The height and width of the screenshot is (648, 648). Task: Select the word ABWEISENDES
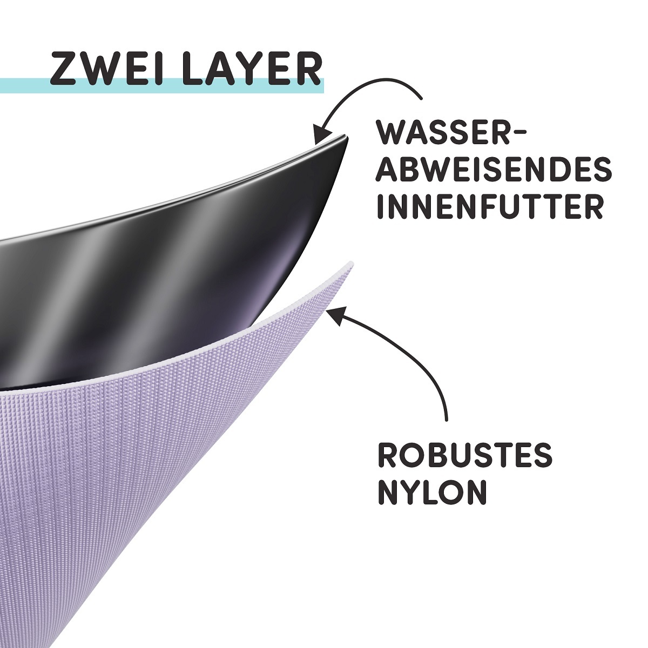[x=494, y=170]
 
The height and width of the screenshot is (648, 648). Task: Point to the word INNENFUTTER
[x=490, y=206]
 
